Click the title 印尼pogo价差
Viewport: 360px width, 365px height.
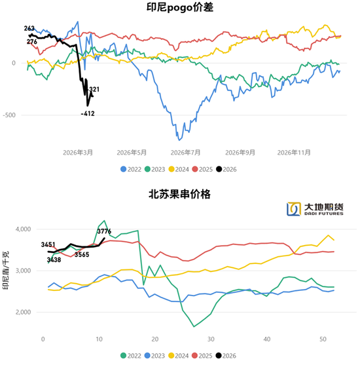(179, 9)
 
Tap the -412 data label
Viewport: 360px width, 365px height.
(88, 114)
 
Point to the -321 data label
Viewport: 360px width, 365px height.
(94, 89)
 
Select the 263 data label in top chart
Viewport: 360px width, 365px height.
(29, 29)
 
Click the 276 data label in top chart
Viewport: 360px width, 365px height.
(32, 41)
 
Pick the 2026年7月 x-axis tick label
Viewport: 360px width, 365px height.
(184, 151)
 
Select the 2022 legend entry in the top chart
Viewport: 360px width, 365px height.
(131, 168)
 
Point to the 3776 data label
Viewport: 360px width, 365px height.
(104, 231)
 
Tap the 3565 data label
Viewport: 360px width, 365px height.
(82, 254)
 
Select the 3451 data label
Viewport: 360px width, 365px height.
(48, 244)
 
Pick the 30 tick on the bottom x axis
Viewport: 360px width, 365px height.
(211, 339)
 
